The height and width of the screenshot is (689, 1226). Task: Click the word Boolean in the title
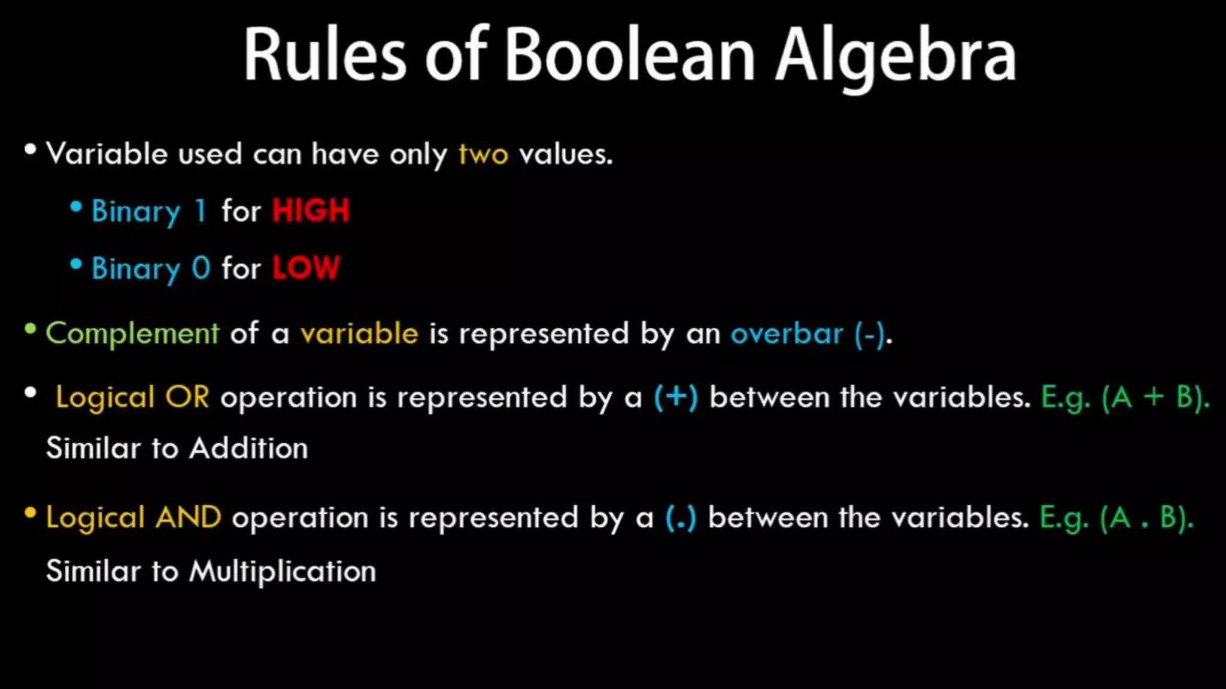coord(630,55)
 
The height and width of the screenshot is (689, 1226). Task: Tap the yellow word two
coord(483,155)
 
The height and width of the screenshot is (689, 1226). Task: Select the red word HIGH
coord(311,211)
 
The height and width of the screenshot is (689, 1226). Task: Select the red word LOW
coord(306,268)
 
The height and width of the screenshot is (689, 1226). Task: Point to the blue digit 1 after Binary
coord(201,211)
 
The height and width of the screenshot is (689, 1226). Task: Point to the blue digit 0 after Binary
coord(201,268)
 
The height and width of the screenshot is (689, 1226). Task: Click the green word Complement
coord(133,334)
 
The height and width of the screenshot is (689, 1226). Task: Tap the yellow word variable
coord(359,334)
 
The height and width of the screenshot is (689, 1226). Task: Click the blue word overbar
coord(787,334)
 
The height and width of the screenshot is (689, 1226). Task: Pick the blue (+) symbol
coord(676,397)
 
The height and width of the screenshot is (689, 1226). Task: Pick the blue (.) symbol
coord(681,518)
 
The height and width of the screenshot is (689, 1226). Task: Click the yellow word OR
coord(187,397)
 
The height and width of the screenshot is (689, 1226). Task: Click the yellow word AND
coord(188,517)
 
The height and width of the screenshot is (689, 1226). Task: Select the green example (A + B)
coord(1155,397)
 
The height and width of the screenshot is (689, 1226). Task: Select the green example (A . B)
coord(1146,518)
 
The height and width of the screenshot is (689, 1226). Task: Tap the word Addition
coord(248,449)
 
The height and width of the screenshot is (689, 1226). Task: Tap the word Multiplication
coord(283,571)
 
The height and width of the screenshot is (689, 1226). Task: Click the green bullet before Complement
coord(31,329)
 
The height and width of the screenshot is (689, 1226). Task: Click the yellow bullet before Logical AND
coord(31,513)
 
